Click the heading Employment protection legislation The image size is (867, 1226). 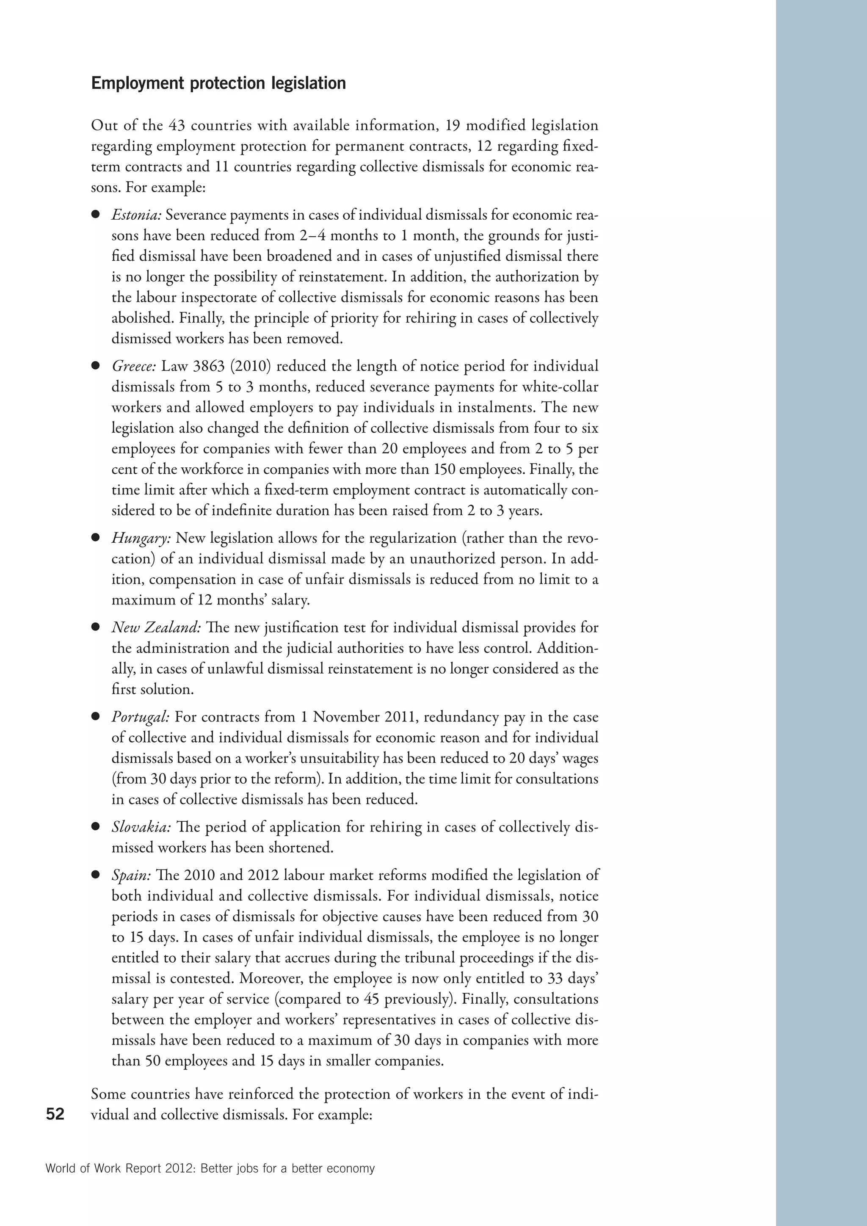218,84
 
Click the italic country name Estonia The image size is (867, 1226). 136,215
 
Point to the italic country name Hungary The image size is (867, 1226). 141,538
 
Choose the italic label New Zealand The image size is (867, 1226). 156,627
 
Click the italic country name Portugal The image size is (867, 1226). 141,717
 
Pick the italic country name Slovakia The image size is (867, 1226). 141,827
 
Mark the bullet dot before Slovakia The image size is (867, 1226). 96,827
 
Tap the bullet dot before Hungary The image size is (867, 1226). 96,538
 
